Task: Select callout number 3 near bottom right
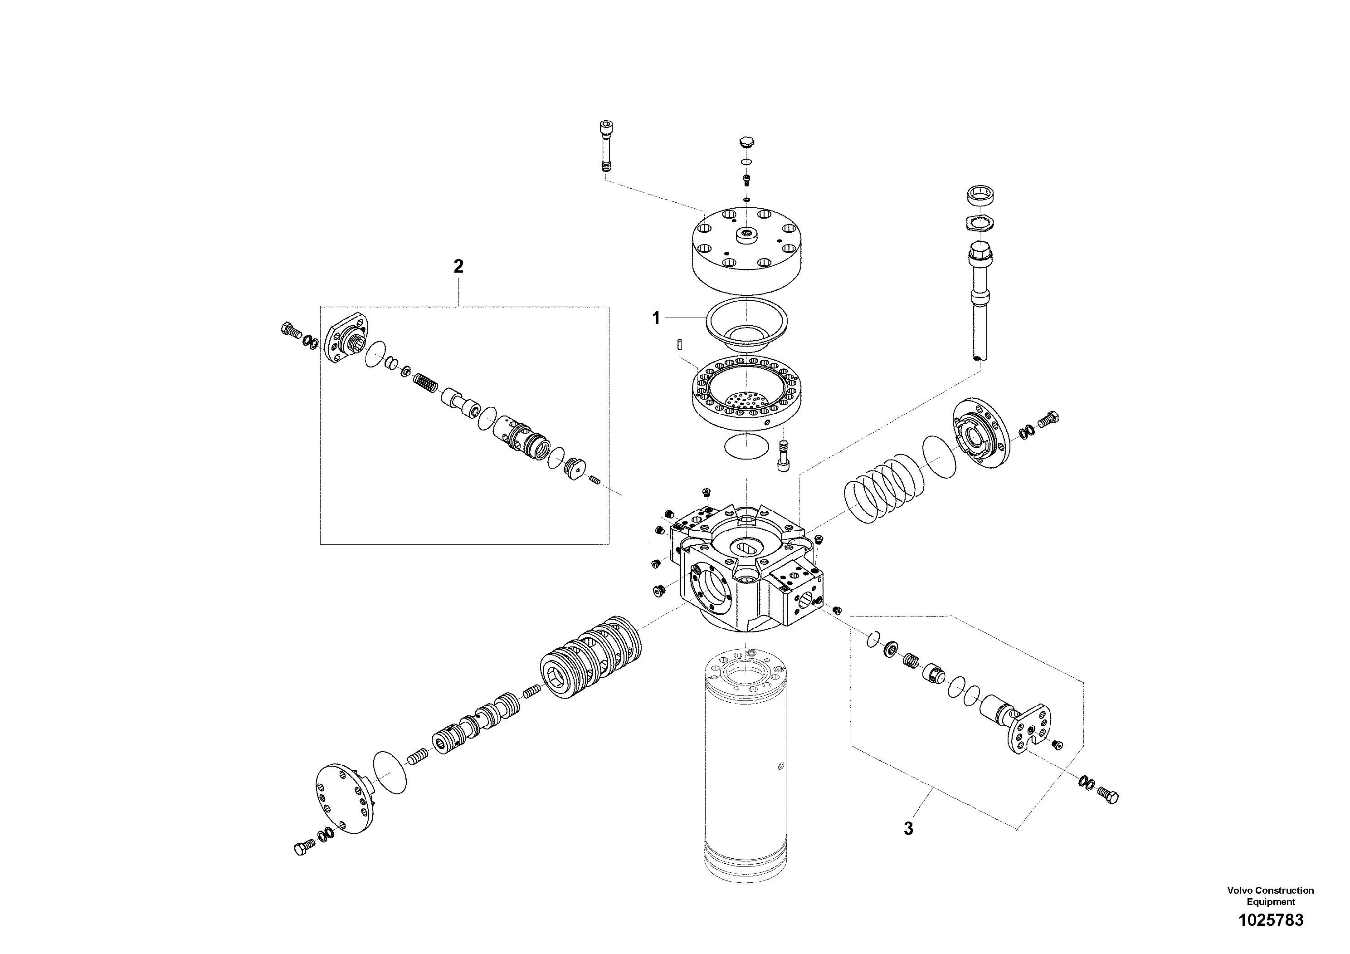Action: click(908, 829)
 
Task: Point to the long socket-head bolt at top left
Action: click(605, 146)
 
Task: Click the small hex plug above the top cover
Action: click(746, 143)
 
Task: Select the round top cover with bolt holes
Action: click(746, 250)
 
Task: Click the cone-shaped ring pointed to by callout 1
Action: click(746, 325)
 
